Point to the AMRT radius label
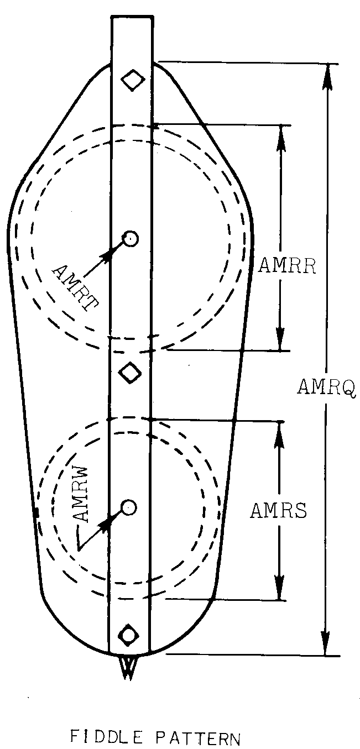click(x=72, y=287)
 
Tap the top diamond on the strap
click(x=133, y=80)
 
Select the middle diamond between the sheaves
click(x=131, y=371)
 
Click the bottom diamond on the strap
click(x=129, y=633)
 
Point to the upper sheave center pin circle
click(x=131, y=239)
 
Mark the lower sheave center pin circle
click(x=128, y=506)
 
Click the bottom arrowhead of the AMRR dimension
click(x=281, y=338)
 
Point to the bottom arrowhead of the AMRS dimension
click(x=280, y=588)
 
